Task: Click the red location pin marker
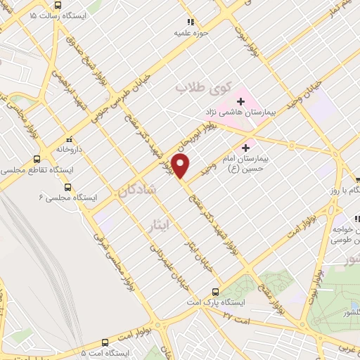[x=181, y=166]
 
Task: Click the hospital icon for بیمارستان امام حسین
[x=245, y=148]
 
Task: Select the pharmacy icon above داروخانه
[x=68, y=139]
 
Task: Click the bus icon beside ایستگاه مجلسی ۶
[x=67, y=187]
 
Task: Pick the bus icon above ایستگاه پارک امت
[x=215, y=291]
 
